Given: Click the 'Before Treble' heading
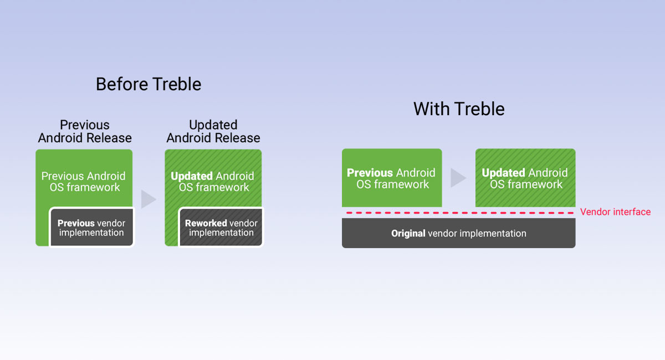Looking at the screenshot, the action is coord(149,84).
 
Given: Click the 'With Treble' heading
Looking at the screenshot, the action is coord(459,109).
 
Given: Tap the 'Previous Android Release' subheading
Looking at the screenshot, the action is coord(85,131).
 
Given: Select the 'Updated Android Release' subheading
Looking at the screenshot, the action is coord(213,131).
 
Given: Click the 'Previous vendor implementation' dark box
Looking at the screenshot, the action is coord(92,227).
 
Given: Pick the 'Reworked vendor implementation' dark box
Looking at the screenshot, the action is coord(221,227).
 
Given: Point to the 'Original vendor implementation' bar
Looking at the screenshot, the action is coord(459,233).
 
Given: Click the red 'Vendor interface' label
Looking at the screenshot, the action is coord(616,212).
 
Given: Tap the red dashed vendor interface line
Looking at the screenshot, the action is coord(459,213).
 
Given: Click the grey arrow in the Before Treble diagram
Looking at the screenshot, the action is coord(149,199).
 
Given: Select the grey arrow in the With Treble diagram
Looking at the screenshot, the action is coord(458,178).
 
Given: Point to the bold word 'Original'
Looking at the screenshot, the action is coord(408,233).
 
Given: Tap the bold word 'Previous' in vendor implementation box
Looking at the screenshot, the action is coord(76,223).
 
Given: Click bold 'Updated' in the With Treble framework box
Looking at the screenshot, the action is coord(503,173).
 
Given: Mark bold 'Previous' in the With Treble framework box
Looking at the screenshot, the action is coord(370,173).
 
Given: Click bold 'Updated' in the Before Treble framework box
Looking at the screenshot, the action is coord(192,176).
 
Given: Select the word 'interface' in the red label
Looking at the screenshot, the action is coord(632,212).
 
